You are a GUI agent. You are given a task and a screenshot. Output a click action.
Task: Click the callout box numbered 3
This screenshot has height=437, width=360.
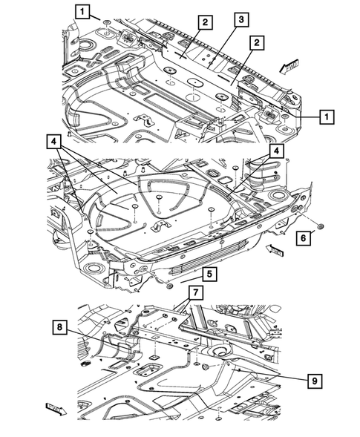pyautogui.click(x=240, y=20)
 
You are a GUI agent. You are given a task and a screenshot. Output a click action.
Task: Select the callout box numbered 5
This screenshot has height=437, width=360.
pyautogui.click(x=210, y=275)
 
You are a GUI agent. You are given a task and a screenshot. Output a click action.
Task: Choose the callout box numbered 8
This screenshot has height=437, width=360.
pyautogui.click(x=59, y=326)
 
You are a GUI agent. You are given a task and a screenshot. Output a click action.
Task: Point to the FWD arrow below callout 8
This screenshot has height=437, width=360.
pyautogui.click(x=56, y=407)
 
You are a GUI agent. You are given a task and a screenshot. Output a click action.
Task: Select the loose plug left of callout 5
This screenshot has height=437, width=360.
pyautogui.click(x=171, y=285)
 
